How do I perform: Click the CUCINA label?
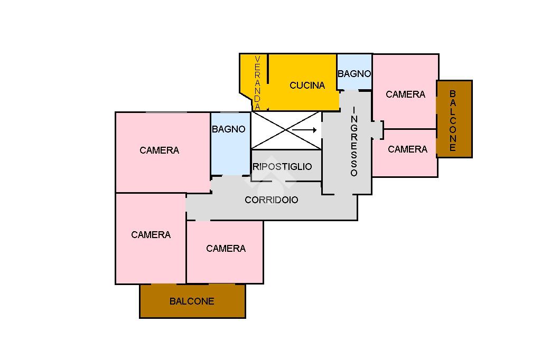click(307, 86)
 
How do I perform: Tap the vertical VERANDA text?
click(257, 83)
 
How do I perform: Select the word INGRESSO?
click(354, 141)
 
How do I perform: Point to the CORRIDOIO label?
click(271, 200)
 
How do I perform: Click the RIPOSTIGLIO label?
click(283, 167)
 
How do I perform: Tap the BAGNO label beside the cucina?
click(354, 74)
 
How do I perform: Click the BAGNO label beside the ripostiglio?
click(229, 129)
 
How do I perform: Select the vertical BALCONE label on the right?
click(453, 120)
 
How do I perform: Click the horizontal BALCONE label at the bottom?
click(192, 301)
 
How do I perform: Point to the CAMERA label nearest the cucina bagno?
click(405, 94)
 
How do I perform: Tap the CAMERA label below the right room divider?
click(407, 149)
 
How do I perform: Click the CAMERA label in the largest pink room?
click(159, 150)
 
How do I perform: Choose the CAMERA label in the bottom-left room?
click(151, 235)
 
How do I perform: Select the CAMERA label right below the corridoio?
click(226, 249)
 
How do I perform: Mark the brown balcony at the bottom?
click(158, 309)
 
